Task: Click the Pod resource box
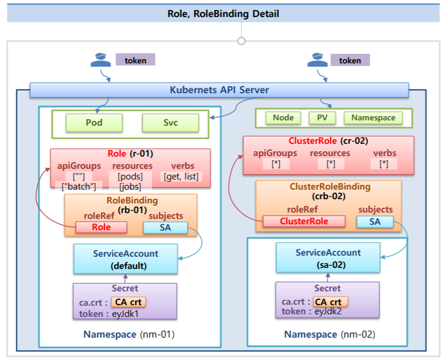click(94, 123)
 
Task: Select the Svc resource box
click(171, 123)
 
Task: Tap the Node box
click(283, 118)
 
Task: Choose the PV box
click(322, 118)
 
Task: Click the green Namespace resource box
click(373, 118)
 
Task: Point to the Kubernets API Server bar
click(219, 90)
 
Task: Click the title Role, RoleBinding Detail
click(223, 13)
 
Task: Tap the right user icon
click(318, 60)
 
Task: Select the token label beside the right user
click(350, 60)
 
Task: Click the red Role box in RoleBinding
click(101, 227)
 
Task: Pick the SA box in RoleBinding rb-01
click(165, 227)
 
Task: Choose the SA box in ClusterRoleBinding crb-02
click(375, 222)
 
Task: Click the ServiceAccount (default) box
click(126, 259)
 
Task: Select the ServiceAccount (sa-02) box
click(328, 258)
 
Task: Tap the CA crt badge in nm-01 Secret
click(128, 302)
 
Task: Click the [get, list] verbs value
click(181, 176)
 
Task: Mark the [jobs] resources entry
click(129, 186)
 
